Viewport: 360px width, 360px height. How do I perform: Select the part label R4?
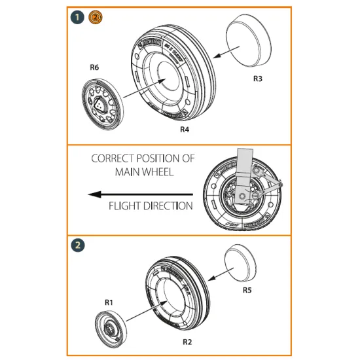click(x=185, y=130)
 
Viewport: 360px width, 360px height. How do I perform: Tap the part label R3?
click(x=258, y=79)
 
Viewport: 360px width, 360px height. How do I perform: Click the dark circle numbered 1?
click(x=78, y=18)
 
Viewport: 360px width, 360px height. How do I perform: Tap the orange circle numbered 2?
click(x=94, y=18)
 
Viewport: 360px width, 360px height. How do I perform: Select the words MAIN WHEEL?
click(x=143, y=172)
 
